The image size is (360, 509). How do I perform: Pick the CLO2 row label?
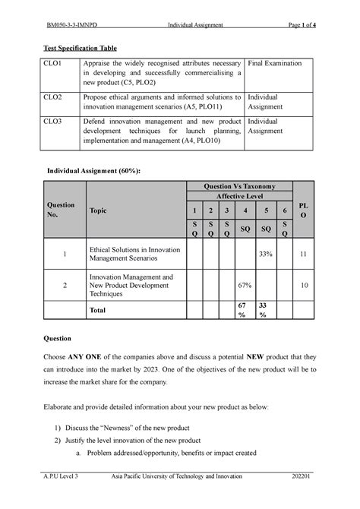(x=53, y=98)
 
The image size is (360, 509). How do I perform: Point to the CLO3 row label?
(x=53, y=121)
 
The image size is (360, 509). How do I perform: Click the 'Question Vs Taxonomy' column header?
(x=239, y=187)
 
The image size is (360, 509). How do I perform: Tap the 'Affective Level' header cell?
(x=239, y=196)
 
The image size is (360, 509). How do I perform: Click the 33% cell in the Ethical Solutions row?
(x=266, y=254)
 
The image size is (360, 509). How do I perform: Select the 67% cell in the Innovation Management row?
(x=244, y=285)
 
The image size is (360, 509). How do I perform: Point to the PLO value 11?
(x=303, y=254)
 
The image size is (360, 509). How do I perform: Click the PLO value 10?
(x=303, y=285)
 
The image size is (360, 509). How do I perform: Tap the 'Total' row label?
(x=99, y=311)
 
